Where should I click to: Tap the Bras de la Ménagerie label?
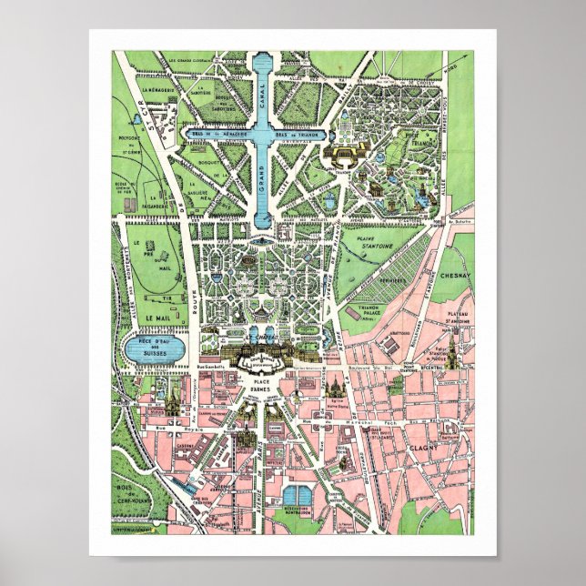click(217, 133)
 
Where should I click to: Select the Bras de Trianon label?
click(298, 133)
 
